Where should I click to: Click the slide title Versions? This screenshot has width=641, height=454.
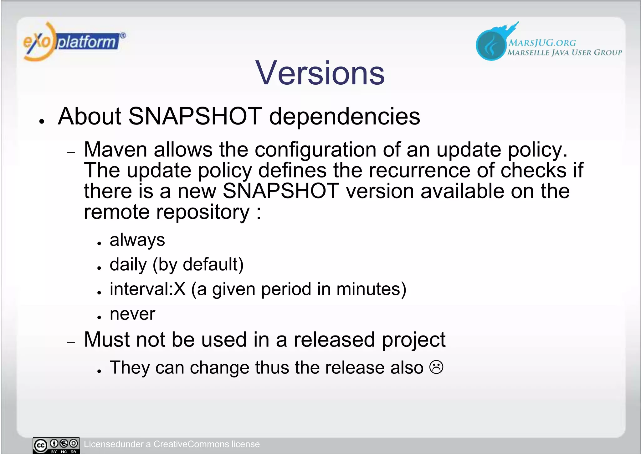click(320, 73)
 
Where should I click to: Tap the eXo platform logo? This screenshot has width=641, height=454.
click(74, 42)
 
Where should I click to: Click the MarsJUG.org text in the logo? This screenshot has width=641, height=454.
click(542, 43)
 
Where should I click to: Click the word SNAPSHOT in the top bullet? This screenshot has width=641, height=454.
click(195, 116)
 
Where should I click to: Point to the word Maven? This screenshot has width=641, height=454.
click(115, 150)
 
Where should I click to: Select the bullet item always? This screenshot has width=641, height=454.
click(137, 240)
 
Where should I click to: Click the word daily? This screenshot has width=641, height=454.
click(128, 265)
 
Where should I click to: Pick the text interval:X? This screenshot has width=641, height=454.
click(147, 289)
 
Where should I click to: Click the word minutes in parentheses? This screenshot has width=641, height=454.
click(368, 289)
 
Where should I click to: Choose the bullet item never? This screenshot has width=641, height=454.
click(132, 314)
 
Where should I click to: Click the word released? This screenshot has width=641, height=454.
click(334, 340)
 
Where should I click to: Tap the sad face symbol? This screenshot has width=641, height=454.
click(436, 367)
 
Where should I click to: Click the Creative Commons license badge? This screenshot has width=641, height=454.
click(56, 445)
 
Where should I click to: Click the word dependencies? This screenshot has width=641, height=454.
click(344, 116)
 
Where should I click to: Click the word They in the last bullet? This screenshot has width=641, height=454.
click(130, 368)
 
